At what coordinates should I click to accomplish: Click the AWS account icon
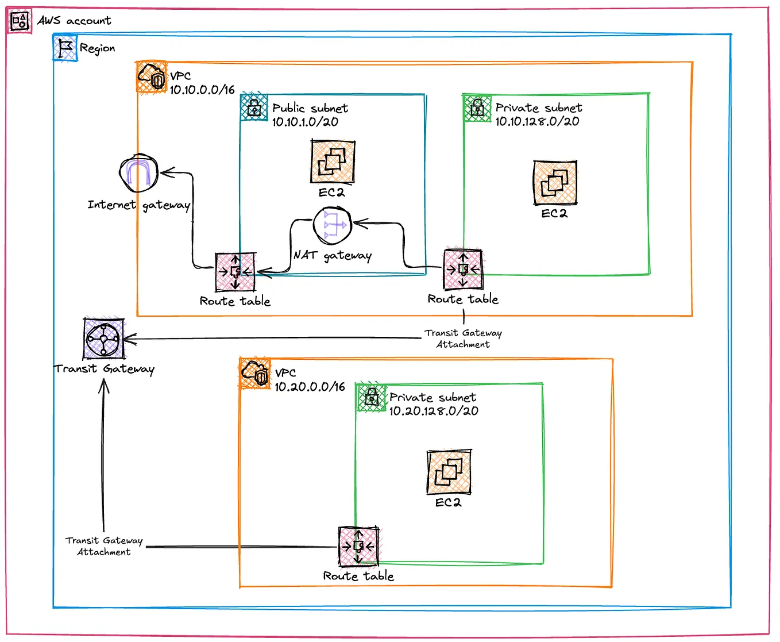[19, 21]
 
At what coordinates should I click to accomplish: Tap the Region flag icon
[65, 48]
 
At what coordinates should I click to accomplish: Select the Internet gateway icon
[138, 173]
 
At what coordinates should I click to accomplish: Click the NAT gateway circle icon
[332, 225]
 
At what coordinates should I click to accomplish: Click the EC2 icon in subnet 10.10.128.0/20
[554, 183]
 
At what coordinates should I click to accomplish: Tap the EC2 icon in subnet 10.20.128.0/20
[449, 472]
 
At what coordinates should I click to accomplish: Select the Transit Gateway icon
[103, 339]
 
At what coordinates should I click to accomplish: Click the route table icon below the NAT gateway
[235, 272]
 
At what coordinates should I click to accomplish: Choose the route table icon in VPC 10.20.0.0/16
[358, 546]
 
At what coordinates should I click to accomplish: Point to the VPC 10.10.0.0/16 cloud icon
[152, 77]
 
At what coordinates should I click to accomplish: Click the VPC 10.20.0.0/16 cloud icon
[255, 374]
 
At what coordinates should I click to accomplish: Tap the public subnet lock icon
[254, 107]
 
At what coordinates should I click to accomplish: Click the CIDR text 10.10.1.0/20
[305, 122]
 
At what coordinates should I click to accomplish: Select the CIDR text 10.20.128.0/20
[434, 411]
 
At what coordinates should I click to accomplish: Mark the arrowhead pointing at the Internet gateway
[165, 172]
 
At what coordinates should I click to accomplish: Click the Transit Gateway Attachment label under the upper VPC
[463, 339]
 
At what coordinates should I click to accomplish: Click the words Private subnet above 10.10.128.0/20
[538, 107]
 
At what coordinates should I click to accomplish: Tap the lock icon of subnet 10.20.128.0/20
[372, 397]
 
